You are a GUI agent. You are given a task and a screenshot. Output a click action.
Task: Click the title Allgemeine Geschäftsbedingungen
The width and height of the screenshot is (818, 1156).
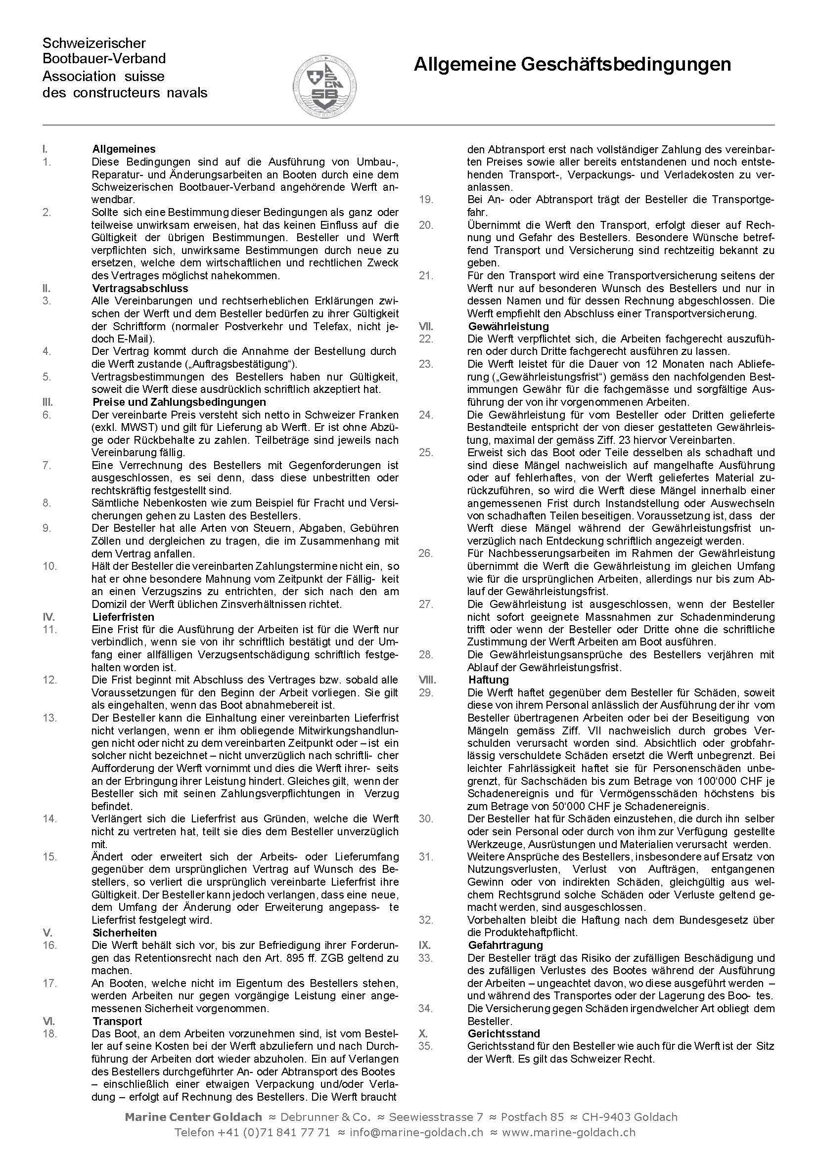pos(572,65)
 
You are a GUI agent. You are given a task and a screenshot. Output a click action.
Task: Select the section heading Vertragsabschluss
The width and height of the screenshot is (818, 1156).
pos(140,289)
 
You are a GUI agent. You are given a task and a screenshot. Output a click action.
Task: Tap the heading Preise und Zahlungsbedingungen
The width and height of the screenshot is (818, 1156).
pos(179,402)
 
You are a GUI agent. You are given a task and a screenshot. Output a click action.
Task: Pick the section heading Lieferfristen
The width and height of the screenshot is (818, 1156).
pos(124,617)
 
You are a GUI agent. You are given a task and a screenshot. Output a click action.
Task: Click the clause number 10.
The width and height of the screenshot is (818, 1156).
pos(50,566)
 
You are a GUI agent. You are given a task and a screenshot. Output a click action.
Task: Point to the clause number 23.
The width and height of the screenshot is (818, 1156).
pos(426,364)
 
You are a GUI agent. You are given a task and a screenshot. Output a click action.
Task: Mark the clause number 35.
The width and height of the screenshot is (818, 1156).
pos(426,1046)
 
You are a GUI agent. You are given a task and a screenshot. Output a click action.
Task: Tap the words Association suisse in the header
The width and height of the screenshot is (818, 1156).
pos(103,77)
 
